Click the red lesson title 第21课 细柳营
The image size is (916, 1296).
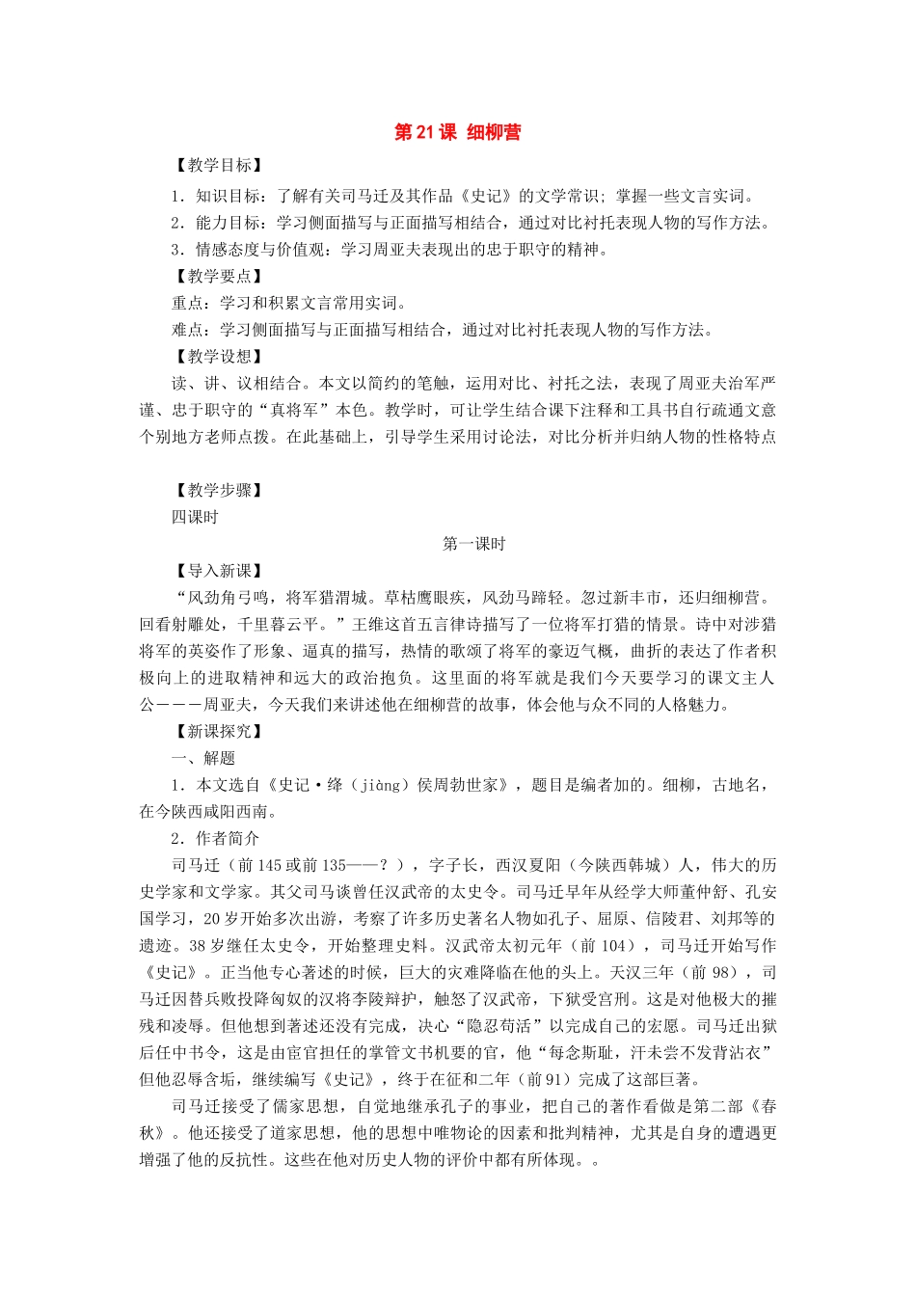457,133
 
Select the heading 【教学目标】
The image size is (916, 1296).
218,166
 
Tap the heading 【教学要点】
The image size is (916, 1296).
218,277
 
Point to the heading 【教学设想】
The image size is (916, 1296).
218,357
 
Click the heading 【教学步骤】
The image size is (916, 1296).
218,491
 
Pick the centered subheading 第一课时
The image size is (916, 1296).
473,545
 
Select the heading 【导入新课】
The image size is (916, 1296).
218,571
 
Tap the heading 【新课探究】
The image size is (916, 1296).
218,732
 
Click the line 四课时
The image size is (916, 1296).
195,518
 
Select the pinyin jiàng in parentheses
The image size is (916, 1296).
382,786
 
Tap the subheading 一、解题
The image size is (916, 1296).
203,759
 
